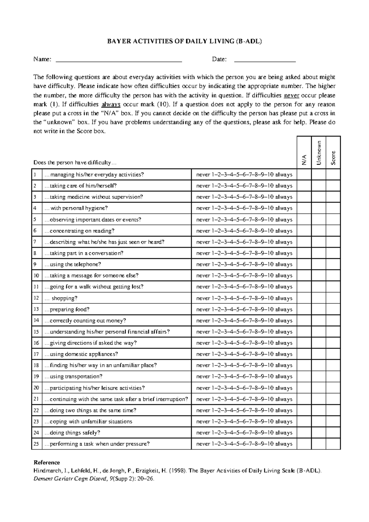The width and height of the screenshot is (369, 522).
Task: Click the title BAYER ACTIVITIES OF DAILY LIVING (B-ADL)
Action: (184, 42)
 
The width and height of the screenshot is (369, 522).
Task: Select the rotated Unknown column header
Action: (319, 153)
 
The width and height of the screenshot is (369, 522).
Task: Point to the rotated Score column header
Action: (333, 158)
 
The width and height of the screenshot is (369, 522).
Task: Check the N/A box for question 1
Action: (304, 175)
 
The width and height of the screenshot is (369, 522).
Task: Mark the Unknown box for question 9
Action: (319, 264)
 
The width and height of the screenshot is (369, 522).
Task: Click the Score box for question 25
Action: (333, 444)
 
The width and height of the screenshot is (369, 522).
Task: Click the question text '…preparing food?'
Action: (67, 309)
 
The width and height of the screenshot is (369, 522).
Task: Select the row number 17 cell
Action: (36, 354)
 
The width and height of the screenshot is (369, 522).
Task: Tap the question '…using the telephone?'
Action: (73, 264)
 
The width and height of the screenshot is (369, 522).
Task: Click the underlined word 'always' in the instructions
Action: (111, 104)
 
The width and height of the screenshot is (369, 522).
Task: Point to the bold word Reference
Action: (47, 462)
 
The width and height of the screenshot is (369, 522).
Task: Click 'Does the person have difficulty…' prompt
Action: (75, 163)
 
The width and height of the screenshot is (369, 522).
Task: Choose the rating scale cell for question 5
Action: (244, 220)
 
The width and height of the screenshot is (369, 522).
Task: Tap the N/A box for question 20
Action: (304, 388)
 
